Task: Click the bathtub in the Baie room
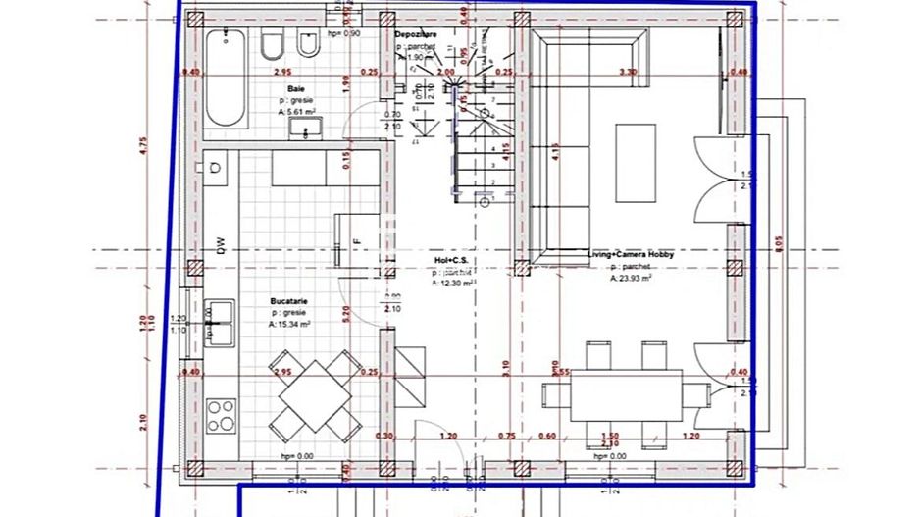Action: tap(226, 78)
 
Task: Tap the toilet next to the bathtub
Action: tap(271, 46)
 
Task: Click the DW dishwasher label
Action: tap(221, 248)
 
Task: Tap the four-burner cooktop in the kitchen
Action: tap(222, 415)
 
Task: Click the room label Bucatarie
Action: tap(289, 301)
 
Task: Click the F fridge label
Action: tap(358, 238)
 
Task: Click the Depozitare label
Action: tap(416, 33)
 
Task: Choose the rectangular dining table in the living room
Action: tap(626, 394)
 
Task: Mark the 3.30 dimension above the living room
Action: tap(628, 72)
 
